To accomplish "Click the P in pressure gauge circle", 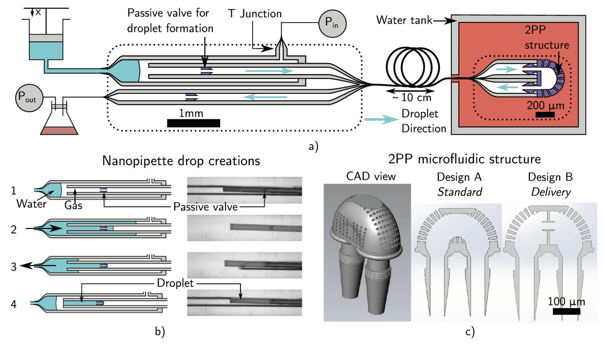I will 332,23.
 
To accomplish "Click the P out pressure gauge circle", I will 29,98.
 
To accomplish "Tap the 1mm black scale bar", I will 193,123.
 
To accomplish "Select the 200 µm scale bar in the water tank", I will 545,114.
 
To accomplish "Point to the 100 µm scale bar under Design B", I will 566,311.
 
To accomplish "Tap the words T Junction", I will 255,14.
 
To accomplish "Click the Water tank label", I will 404,20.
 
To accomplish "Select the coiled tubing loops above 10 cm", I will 412,67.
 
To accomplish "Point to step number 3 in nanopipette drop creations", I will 13,267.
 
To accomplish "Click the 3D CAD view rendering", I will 367,252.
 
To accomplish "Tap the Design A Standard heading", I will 459,184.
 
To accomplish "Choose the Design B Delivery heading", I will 550,184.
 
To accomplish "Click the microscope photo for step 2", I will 244,228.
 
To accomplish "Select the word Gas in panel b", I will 73,205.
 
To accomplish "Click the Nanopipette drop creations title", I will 181,161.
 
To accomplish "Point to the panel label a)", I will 313,146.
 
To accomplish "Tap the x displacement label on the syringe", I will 38,12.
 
